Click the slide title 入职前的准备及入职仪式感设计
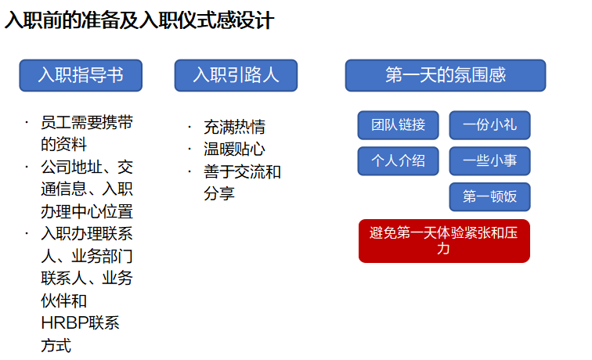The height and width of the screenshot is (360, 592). (139, 21)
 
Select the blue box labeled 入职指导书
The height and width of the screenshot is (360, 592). (81, 75)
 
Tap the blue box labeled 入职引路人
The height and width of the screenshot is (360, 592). (236, 75)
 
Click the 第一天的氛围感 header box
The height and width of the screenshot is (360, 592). (446, 75)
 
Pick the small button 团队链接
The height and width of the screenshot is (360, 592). (399, 125)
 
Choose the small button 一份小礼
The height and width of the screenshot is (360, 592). (489, 125)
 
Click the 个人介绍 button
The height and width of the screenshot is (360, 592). (399, 161)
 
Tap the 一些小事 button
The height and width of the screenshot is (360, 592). (489, 161)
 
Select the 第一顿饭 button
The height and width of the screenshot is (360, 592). (489, 196)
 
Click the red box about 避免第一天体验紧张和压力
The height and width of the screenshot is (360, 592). (444, 240)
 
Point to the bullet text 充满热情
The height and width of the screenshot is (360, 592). (234, 127)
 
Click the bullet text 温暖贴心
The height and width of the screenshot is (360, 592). (234, 149)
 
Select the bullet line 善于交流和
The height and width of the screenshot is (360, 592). (242, 171)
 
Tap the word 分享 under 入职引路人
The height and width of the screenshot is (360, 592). (219, 193)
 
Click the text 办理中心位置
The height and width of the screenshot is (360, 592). (87, 211)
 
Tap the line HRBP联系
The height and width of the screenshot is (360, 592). (80, 323)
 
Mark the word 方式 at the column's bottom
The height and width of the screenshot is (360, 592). (56, 345)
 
